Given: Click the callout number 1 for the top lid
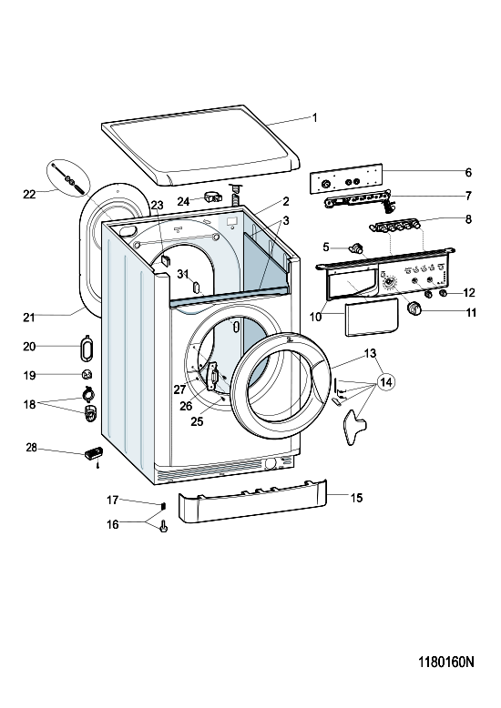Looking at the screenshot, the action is (x=314, y=118).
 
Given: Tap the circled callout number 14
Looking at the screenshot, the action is (x=385, y=382).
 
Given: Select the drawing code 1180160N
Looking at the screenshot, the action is (x=446, y=662).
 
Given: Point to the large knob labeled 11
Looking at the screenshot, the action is (x=414, y=309).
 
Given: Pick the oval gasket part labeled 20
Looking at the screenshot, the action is (x=86, y=349).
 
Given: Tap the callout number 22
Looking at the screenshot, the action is (x=29, y=194).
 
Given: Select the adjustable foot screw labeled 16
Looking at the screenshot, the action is (x=164, y=526).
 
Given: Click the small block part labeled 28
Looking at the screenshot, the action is (x=94, y=452).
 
